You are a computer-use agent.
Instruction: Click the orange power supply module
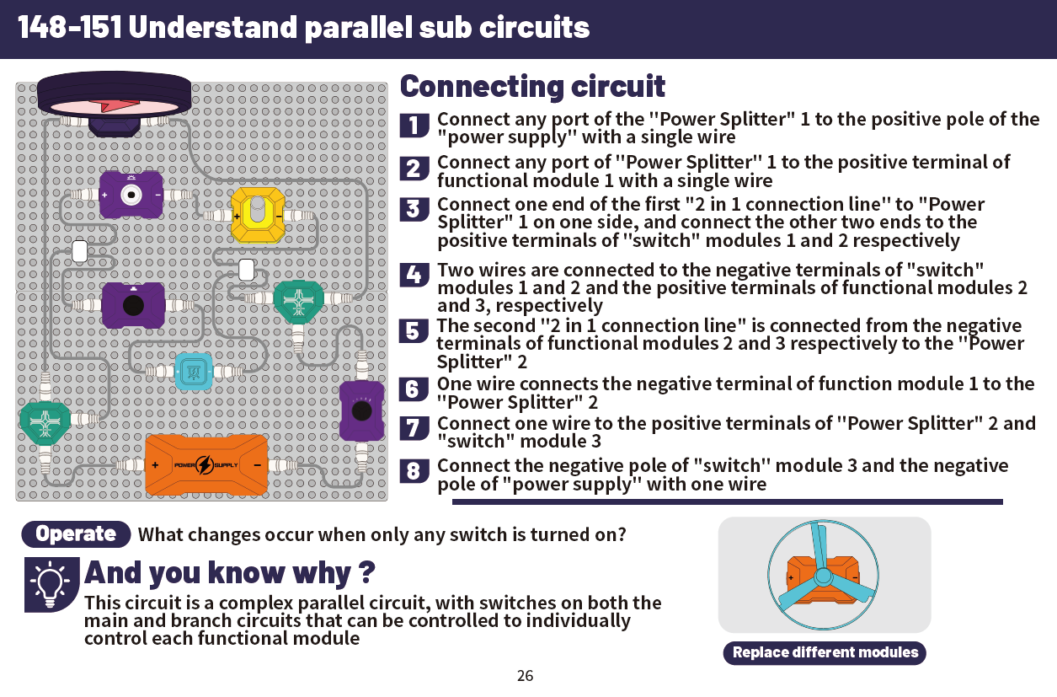point(206,465)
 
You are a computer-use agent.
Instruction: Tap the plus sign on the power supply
point(155,465)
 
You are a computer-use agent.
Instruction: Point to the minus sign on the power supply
point(257,465)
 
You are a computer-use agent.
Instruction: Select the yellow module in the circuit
point(258,215)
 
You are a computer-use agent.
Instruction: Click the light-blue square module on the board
point(194,372)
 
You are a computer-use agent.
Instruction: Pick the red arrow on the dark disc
point(115,105)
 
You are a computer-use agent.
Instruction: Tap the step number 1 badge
point(414,125)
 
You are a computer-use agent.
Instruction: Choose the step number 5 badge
point(414,331)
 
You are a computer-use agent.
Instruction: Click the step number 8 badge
point(414,471)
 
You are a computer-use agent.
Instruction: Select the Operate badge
point(76,534)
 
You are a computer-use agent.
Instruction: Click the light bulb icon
point(50,586)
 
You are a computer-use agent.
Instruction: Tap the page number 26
point(525,676)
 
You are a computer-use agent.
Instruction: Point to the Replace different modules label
point(825,652)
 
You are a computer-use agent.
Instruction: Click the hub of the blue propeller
point(824,576)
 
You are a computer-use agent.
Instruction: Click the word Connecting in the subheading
point(482,87)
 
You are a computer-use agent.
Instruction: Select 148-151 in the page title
point(70,27)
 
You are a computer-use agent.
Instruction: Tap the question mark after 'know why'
point(366,572)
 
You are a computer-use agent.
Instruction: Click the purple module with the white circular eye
point(131,195)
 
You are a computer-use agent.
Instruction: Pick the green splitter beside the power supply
point(45,422)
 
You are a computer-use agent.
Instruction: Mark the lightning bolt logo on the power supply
point(205,465)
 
